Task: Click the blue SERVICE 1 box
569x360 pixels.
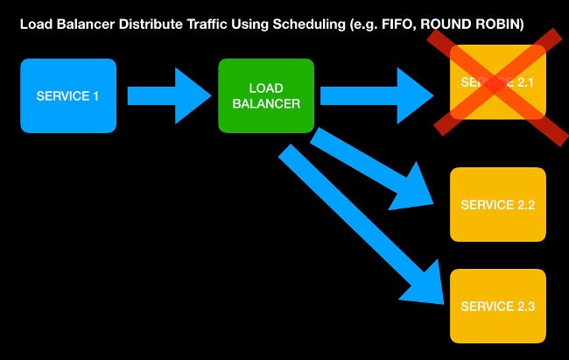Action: [68, 95]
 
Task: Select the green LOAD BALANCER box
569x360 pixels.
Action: [266, 95]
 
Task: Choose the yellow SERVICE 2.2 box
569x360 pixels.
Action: [497, 205]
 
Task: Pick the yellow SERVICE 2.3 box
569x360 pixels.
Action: [497, 306]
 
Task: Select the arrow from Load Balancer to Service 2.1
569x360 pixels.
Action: [376, 95]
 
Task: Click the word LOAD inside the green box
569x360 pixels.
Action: [266, 88]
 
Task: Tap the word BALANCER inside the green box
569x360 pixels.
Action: [266, 103]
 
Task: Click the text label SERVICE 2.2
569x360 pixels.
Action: [497, 205]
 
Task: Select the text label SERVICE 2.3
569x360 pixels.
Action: [497, 306]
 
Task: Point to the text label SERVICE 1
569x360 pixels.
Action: [68, 95]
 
